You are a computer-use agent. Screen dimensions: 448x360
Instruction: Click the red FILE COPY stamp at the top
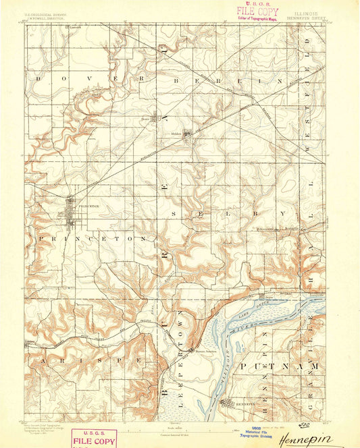pyautogui.click(x=257, y=12)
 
